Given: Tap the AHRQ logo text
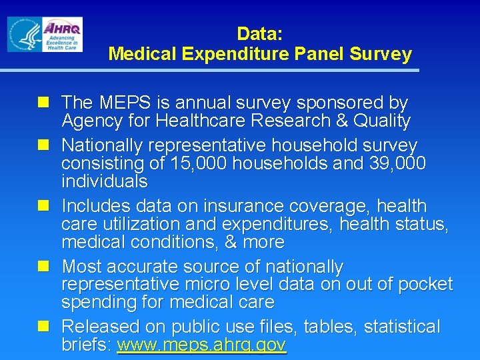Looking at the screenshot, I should [63, 28].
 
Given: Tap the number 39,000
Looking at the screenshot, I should [397, 163].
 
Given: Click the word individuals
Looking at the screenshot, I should [105, 181].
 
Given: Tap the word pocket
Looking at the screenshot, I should [425, 285].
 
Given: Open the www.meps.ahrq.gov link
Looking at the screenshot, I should [201, 345].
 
